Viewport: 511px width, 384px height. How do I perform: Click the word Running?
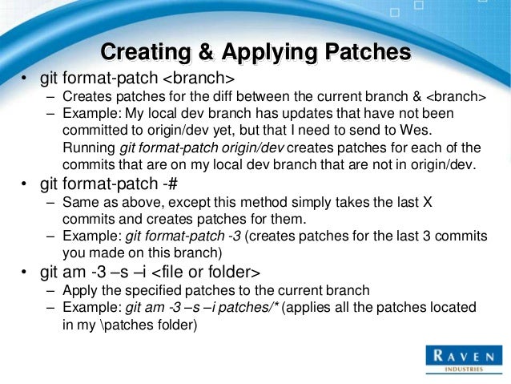87,148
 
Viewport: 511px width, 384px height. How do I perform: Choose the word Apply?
79,289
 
